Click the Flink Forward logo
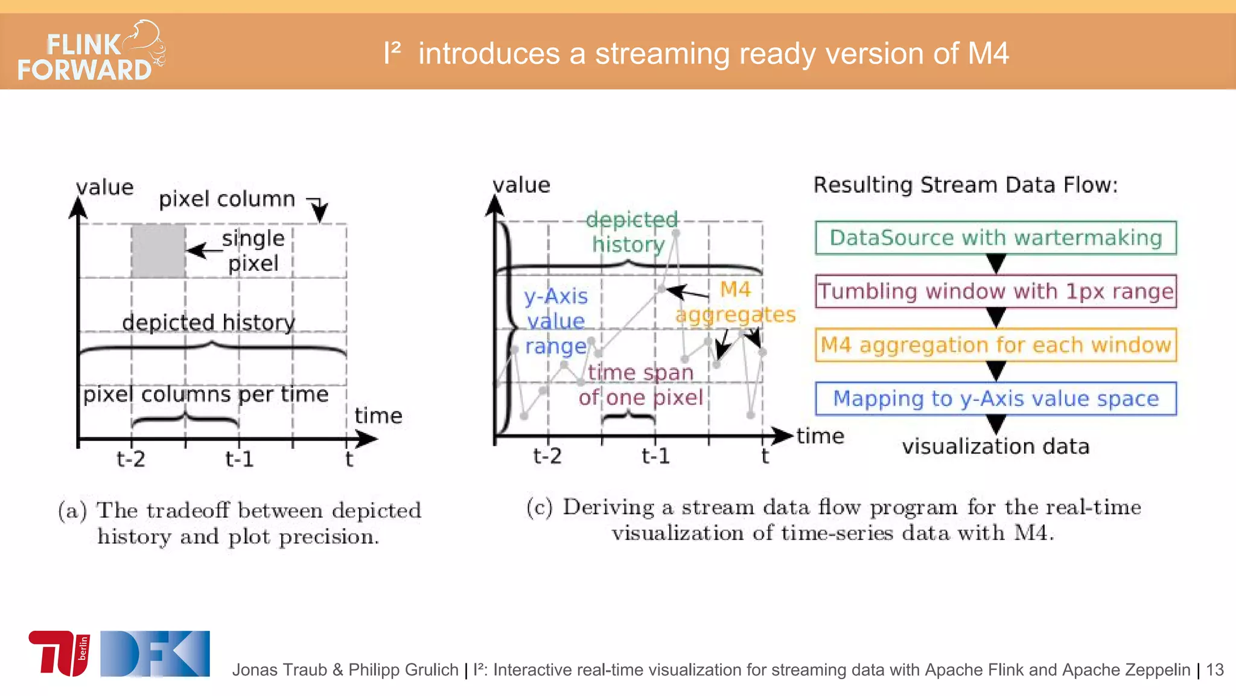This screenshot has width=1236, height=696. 91,53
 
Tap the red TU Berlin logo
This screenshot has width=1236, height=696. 59,653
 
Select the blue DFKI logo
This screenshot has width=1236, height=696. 155,653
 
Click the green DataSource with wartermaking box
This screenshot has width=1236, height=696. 995,238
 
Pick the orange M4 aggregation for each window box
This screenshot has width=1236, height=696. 995,345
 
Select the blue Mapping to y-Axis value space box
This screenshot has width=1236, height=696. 995,399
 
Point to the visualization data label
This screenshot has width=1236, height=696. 995,446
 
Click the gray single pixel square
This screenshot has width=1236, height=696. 158,251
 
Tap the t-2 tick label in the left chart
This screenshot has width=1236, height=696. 131,459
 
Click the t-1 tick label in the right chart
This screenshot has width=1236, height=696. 655,456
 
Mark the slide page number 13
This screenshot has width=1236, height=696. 1214,669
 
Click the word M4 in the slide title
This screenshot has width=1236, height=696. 988,53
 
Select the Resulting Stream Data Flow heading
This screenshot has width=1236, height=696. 965,185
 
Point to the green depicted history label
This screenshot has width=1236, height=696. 631,232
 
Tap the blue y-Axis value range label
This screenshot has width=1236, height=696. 556,321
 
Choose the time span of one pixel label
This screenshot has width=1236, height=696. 640,385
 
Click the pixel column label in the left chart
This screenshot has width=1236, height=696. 227,199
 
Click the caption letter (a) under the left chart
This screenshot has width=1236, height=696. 72,511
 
